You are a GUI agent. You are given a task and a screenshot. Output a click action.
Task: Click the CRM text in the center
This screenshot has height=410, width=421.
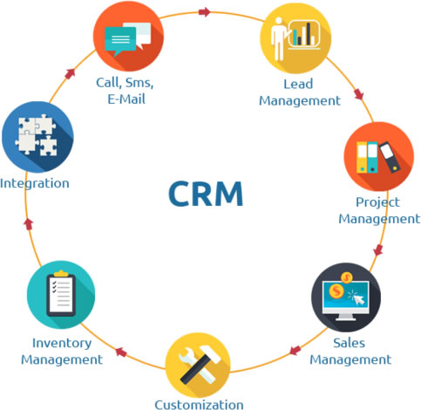(x=206, y=194)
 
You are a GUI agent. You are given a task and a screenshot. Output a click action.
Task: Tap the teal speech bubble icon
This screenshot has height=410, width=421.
(x=120, y=41)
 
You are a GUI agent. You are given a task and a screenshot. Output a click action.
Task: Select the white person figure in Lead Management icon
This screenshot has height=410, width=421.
(x=278, y=38)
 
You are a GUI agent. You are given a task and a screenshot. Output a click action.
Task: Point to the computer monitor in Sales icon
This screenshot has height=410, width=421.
(x=345, y=300)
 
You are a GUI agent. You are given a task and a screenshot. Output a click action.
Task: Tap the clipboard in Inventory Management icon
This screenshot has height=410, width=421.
(x=61, y=294)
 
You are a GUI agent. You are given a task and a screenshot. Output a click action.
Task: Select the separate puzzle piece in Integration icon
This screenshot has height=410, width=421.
(x=48, y=146)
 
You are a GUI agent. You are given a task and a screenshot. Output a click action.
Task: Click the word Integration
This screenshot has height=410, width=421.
(x=35, y=184)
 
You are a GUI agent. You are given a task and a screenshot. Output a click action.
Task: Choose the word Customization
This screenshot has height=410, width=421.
(x=199, y=405)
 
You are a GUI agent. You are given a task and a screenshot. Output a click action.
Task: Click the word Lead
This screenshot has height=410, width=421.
(x=298, y=84)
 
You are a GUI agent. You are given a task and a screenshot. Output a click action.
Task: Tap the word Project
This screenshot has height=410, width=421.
(x=377, y=202)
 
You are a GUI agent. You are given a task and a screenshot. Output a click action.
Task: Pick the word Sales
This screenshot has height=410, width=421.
(x=349, y=343)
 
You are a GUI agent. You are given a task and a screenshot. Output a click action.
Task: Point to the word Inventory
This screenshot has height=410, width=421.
(x=62, y=344)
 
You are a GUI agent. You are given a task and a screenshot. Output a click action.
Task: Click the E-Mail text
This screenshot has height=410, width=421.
(x=126, y=99)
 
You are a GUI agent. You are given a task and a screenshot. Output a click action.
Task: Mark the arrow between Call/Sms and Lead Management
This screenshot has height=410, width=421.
(x=205, y=12)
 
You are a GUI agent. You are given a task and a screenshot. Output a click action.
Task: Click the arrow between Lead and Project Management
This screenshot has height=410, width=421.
(x=359, y=94)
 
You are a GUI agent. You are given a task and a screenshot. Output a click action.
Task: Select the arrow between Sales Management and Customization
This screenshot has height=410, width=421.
(x=295, y=350)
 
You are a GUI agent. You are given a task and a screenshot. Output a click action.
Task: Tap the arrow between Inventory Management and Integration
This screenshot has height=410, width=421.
(x=29, y=224)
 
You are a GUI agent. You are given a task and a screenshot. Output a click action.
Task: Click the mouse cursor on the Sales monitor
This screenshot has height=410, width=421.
(x=358, y=298)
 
